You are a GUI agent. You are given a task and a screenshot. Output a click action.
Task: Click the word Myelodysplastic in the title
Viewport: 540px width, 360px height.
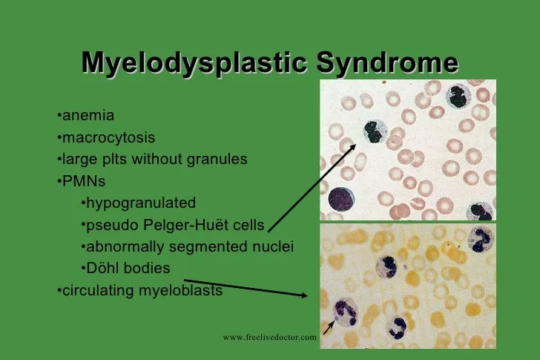pos(194,63)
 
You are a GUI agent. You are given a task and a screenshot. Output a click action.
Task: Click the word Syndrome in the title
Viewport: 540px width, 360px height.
pos(387,63)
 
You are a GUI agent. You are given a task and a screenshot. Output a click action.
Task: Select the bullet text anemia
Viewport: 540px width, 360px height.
pos(88,115)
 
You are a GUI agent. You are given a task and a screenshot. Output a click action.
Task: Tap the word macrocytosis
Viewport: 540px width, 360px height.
pos(108,137)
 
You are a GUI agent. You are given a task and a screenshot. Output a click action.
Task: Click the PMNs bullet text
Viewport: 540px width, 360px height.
pos(84,181)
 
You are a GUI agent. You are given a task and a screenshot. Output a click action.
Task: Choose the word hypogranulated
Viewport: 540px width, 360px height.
pos(141,203)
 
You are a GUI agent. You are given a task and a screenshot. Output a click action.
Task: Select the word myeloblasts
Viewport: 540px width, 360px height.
pos(180,290)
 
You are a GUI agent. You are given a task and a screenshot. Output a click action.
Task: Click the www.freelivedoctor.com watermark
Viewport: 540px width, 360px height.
pos(270,337)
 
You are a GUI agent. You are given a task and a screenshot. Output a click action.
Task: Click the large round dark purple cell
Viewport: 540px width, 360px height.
pos(341,199)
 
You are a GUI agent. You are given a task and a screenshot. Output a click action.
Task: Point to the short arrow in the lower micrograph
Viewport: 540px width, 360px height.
pos(329,327)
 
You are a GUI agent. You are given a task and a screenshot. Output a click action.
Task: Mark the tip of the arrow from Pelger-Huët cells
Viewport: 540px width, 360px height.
pos(356,144)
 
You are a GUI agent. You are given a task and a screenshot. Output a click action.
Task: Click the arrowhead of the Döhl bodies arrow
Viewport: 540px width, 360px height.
pos(304,295)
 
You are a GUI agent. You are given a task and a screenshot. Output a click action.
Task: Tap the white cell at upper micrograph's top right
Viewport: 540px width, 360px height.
pos(458,96)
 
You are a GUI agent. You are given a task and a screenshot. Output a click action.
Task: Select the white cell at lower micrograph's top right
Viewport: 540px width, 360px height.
pos(481,238)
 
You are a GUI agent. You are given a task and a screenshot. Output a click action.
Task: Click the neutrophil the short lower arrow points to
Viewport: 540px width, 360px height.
pos(346,312)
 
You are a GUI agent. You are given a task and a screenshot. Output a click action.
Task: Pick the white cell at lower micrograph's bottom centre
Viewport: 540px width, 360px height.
pos(398,328)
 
